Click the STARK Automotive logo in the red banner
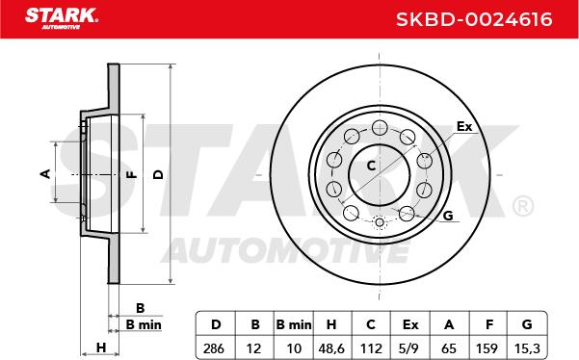[x=62, y=18]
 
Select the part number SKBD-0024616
[x=474, y=19]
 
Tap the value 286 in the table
[x=214, y=348]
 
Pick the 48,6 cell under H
[x=330, y=348]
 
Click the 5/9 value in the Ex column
[x=409, y=348]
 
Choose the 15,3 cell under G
[x=527, y=348]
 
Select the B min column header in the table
[x=294, y=324]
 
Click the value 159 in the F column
[x=487, y=348]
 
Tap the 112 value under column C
[x=371, y=348]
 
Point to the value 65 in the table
[x=449, y=348]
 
